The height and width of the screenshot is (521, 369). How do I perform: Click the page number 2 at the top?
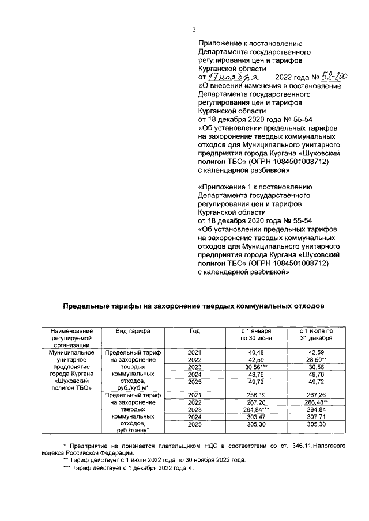point(194,29)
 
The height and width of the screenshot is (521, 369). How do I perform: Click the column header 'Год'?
point(195,332)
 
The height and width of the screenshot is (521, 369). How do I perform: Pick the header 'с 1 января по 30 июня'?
point(256,335)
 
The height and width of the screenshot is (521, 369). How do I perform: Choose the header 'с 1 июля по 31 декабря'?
point(317,335)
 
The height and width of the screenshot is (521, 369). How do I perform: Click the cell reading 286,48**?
point(318,402)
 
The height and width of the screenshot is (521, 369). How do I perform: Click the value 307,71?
point(317,417)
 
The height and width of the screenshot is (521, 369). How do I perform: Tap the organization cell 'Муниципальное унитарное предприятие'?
point(71,369)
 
